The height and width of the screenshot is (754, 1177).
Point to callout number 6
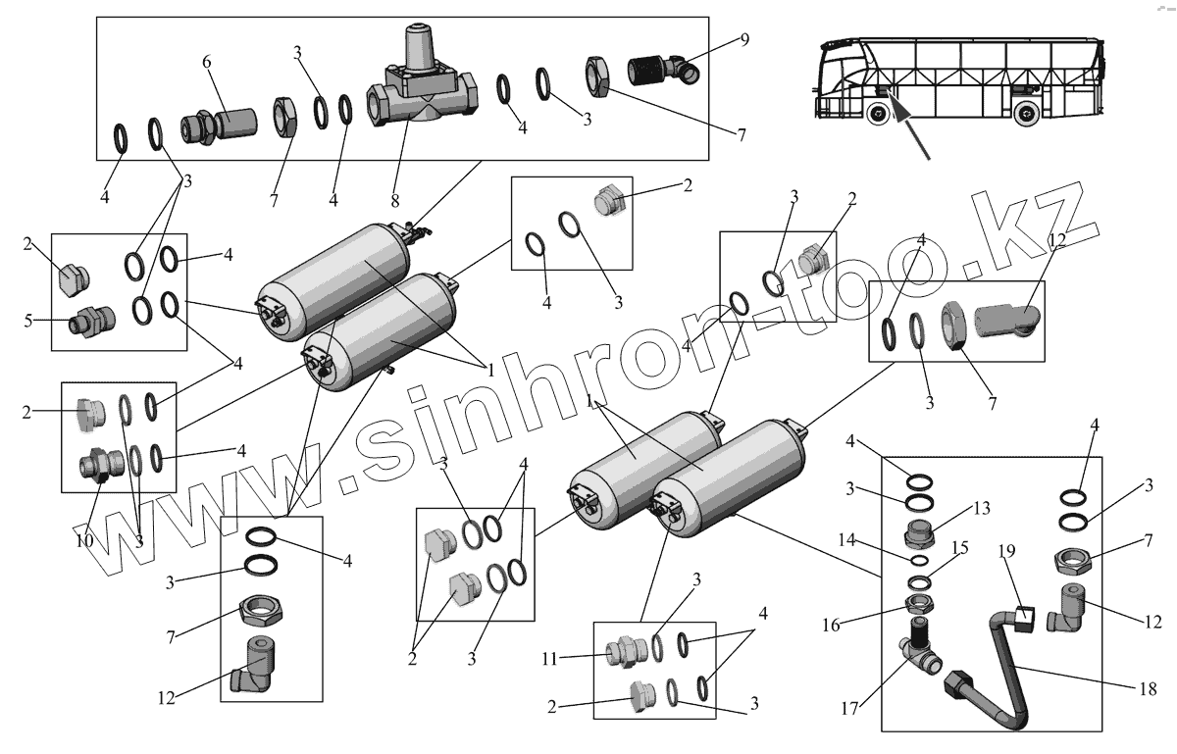(207, 61)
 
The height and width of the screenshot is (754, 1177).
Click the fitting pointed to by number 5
(90, 320)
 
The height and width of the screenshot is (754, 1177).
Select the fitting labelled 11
(624, 652)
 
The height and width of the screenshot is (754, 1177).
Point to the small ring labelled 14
(920, 560)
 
